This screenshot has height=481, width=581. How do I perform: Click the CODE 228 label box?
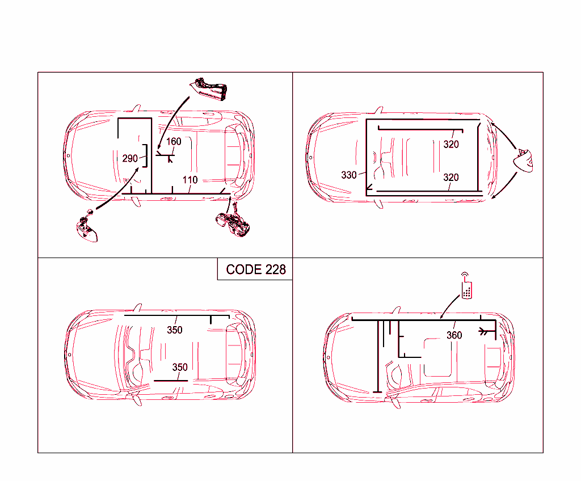255,269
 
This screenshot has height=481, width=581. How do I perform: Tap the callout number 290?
130,159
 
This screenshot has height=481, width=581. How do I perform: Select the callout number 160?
174,142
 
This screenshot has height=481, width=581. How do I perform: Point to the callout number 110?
190,180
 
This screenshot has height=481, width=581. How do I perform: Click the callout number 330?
349,175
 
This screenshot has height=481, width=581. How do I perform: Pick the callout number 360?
454,335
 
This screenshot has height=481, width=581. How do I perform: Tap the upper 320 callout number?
451,145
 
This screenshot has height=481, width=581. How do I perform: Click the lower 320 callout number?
451,178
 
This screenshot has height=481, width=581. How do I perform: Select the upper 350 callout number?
175,330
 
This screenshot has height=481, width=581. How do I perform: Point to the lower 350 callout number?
180,367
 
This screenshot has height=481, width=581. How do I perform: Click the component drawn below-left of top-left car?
87,227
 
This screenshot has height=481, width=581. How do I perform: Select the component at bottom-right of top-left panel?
233,223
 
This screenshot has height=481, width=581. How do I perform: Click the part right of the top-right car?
524,161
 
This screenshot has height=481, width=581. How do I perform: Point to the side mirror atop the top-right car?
378,110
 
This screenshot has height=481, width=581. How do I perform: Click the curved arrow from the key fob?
449,306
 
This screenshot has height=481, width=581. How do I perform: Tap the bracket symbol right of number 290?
146,156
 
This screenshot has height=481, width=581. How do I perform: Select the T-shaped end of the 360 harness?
377,391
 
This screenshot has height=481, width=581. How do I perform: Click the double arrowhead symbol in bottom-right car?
483,331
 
